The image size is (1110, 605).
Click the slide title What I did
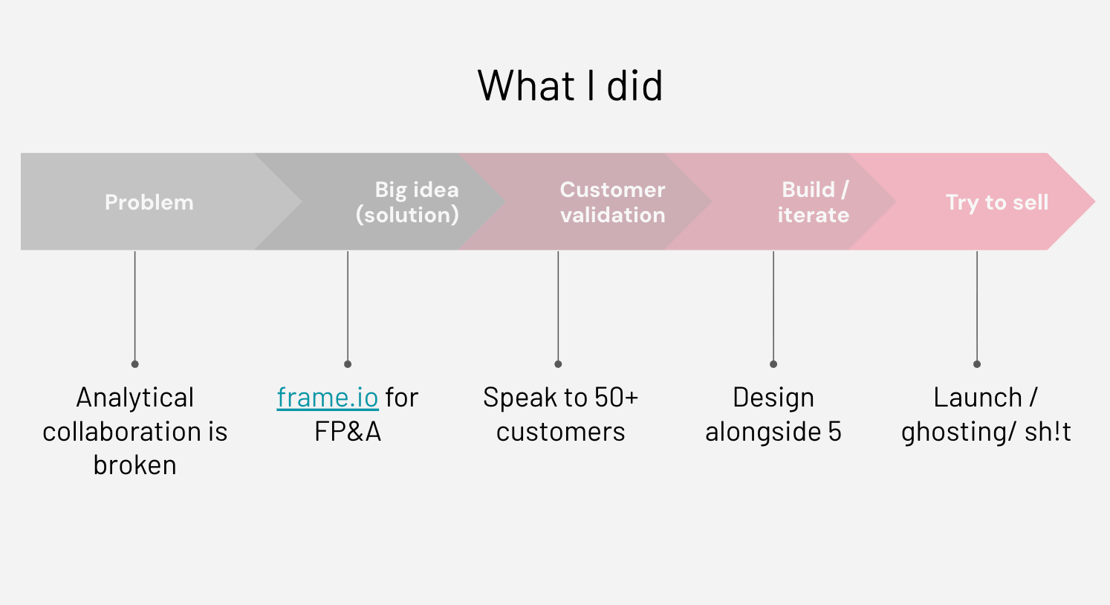click(570, 86)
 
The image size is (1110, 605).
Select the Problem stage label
click(149, 202)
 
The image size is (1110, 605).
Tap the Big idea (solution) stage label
click(408, 202)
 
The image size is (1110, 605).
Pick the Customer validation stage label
click(612, 202)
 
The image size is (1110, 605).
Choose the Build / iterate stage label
click(813, 202)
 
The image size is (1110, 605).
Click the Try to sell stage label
click(996, 202)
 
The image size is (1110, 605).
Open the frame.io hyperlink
click(327, 398)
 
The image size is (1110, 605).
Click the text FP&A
click(347, 432)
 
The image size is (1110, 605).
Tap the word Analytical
click(134, 398)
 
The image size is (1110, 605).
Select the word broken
click(134, 465)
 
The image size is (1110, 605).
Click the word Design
click(773, 398)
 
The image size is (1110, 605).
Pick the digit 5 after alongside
click(834, 432)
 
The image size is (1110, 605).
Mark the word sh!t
click(1048, 432)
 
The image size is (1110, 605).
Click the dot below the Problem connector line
click(134, 364)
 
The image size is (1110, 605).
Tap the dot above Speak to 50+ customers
click(558, 364)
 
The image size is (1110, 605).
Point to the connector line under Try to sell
click(977, 305)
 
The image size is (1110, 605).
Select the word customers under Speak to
click(560, 432)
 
